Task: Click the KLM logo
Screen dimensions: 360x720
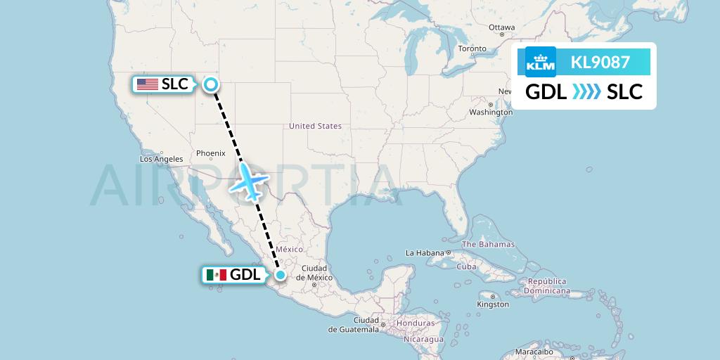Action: point(541,62)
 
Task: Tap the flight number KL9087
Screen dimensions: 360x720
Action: point(600,63)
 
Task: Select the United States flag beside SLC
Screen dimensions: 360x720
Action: point(148,84)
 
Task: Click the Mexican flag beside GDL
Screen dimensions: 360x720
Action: point(217,275)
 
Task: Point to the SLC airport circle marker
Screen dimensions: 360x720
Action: point(210,85)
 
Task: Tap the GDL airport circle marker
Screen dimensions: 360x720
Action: point(281,275)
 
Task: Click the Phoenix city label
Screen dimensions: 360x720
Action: point(210,153)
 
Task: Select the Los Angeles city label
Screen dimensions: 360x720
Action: point(162,159)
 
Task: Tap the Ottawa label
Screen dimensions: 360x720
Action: point(502,27)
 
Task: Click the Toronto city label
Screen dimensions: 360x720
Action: point(472,49)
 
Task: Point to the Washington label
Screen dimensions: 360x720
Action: point(491,112)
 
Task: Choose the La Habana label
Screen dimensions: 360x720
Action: point(425,253)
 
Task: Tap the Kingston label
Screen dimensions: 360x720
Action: point(492,304)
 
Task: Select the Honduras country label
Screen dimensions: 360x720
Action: point(415,323)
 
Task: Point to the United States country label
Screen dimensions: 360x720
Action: point(315,126)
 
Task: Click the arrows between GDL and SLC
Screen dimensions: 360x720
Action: point(587,91)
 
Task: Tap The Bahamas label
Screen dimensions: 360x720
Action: point(488,245)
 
